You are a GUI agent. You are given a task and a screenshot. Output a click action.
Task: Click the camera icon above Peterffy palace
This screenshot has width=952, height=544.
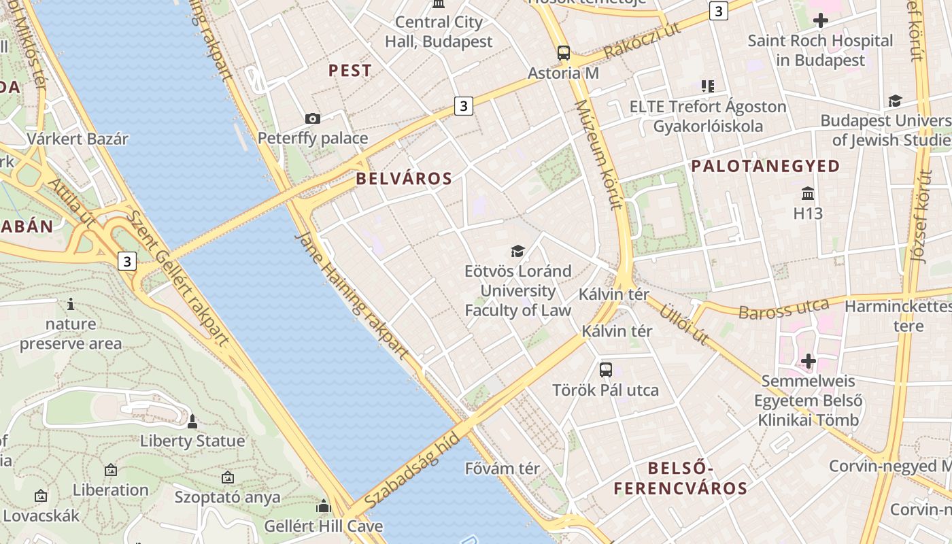[313, 119]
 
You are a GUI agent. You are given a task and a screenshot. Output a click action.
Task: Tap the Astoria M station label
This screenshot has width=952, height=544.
[564, 73]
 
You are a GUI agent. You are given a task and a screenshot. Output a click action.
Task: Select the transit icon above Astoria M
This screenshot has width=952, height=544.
[564, 52]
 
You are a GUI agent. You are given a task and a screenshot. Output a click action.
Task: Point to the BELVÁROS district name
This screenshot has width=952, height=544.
[404, 179]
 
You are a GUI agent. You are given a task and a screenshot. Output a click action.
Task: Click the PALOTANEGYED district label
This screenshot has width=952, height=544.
[766, 166]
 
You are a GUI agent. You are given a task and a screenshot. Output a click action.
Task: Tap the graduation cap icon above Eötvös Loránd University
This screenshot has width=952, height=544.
[517, 252]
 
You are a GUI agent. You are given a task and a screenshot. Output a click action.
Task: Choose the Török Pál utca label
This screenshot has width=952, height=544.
[605, 390]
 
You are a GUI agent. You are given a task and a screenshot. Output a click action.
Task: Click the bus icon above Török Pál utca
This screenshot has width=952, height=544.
[605, 370]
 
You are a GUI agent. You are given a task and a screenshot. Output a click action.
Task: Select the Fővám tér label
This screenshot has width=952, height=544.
[503, 469]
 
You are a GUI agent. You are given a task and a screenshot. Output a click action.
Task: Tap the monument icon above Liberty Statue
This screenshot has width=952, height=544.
[192, 422]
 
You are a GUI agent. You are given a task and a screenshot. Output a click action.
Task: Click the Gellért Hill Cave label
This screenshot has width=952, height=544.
[324, 526]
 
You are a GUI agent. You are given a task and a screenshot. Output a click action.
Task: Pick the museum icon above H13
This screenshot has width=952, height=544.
[808, 194]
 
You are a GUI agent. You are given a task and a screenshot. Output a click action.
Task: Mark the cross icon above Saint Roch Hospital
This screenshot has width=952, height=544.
[821, 20]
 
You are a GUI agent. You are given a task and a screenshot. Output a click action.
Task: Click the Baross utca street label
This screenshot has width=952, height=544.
[783, 310]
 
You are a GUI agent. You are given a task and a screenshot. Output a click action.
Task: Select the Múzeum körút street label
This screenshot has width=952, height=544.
[598, 155]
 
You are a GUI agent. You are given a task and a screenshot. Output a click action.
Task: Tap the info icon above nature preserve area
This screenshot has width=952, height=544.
[71, 304]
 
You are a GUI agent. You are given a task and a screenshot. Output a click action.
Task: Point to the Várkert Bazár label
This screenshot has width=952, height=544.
[78, 139]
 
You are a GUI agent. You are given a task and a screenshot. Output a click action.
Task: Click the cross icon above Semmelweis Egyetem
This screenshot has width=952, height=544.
[808, 360]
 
